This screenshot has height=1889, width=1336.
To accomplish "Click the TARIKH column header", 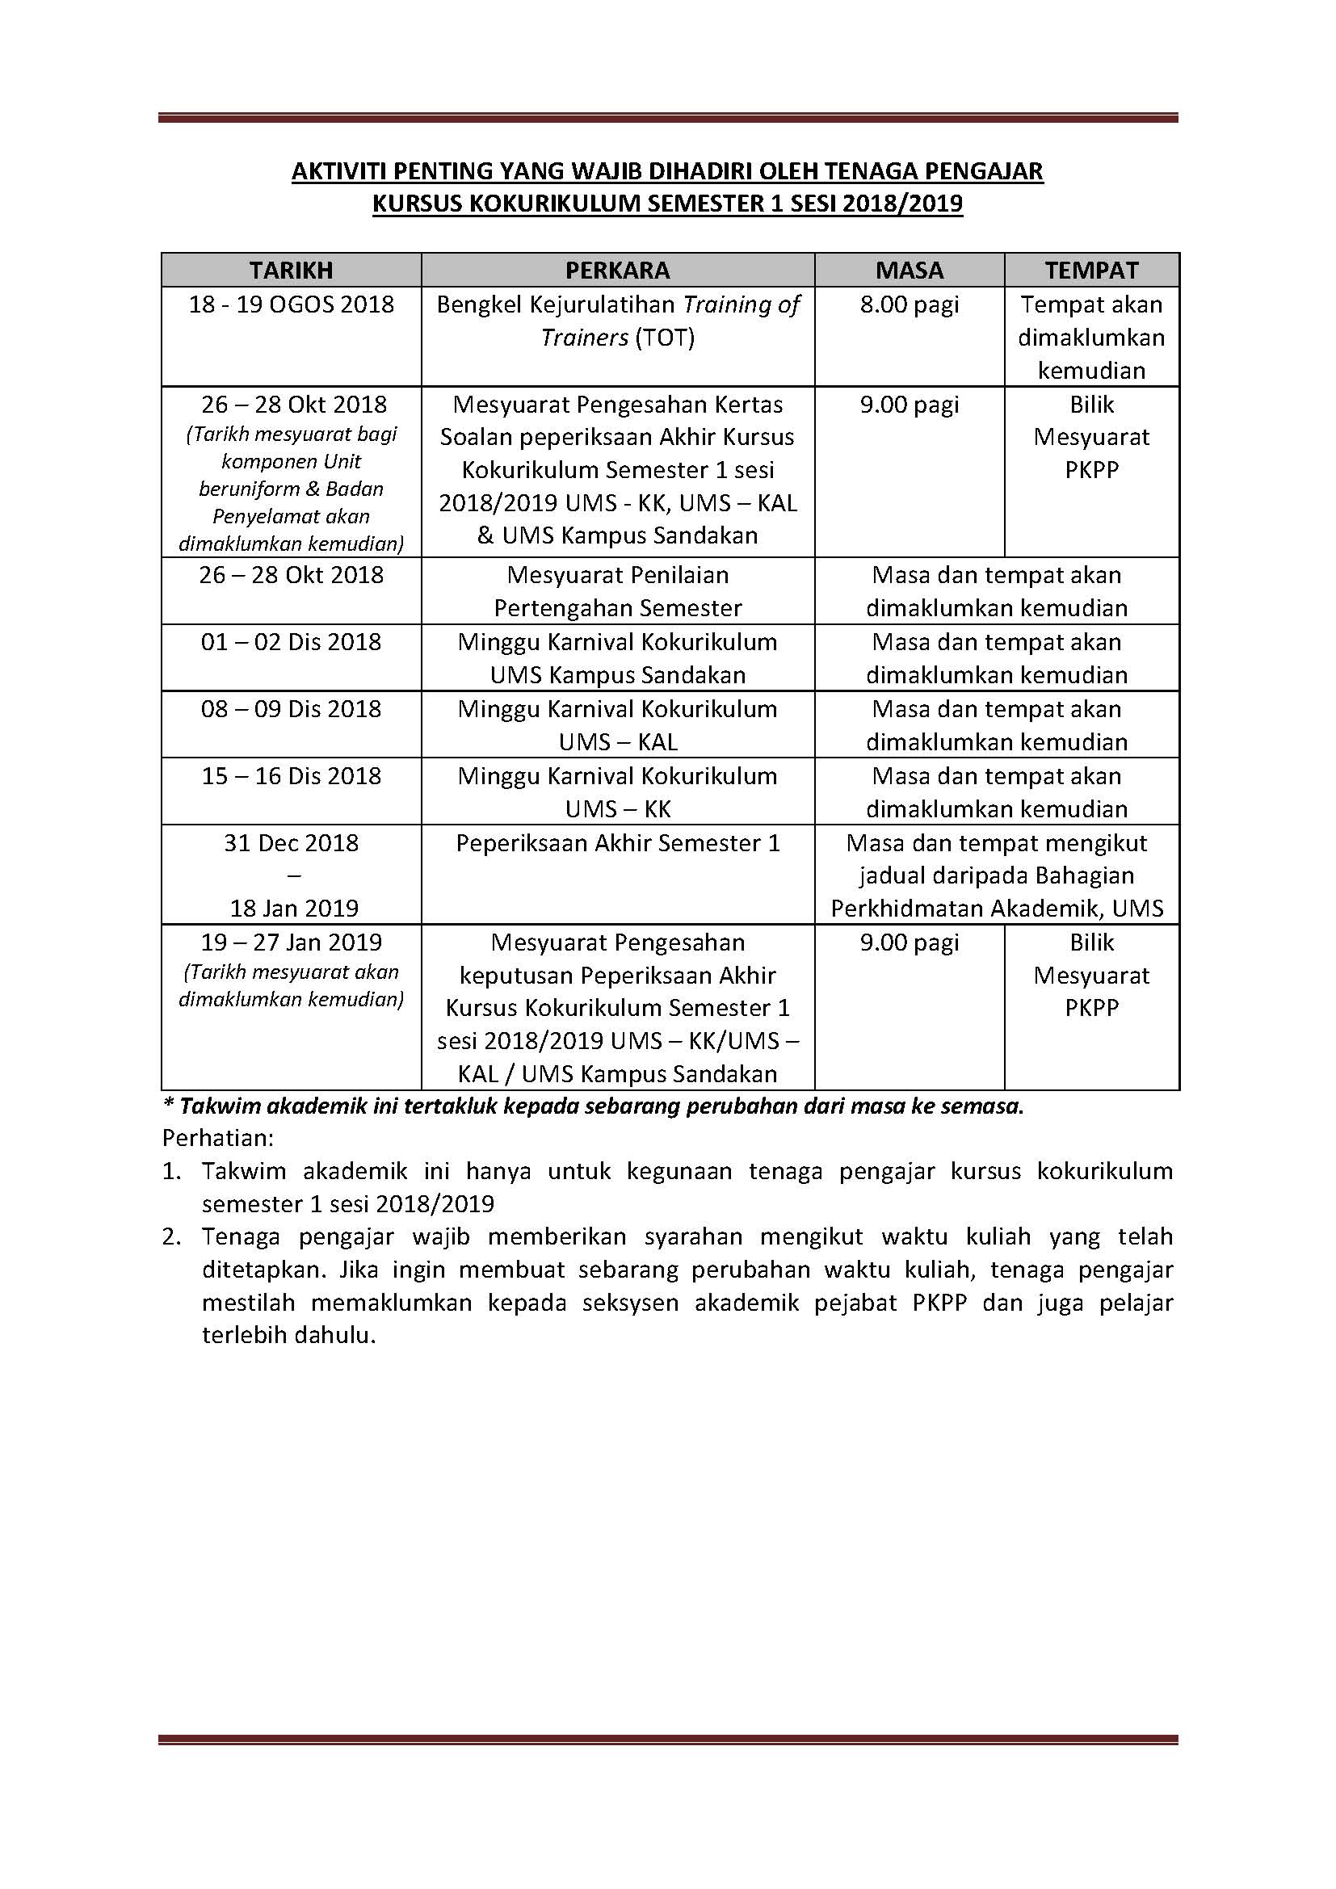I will point(292,271).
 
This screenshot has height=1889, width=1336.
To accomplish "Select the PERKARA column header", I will point(617,271).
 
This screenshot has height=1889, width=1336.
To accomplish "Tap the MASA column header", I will point(909,271).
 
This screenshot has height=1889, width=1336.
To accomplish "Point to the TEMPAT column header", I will point(1092,271).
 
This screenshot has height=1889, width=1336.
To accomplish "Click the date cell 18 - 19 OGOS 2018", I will point(292,304).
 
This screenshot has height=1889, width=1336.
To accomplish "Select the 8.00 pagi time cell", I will point(909,304).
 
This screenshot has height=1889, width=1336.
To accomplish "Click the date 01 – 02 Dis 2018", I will point(292,642).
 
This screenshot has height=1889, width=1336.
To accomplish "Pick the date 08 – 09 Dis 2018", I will point(292,709).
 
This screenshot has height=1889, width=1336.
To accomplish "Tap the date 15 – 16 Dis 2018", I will point(292,776).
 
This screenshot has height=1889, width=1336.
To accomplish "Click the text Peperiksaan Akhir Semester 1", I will point(618,843).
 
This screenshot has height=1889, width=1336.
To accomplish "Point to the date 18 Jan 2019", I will point(294,909).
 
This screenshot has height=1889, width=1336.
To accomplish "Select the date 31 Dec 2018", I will point(292,843).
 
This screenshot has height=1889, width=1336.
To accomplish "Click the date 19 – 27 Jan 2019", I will point(292,942).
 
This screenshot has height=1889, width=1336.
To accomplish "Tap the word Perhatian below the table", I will point(217,1139).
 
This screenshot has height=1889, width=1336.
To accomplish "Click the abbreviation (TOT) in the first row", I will point(665,338).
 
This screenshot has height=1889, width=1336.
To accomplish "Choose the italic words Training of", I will point(742,305).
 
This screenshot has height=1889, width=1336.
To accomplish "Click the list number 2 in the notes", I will point(170,1236).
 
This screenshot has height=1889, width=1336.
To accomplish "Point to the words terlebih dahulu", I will point(288,1335).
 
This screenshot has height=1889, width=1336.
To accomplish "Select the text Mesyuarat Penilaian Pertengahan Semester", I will point(618,591).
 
